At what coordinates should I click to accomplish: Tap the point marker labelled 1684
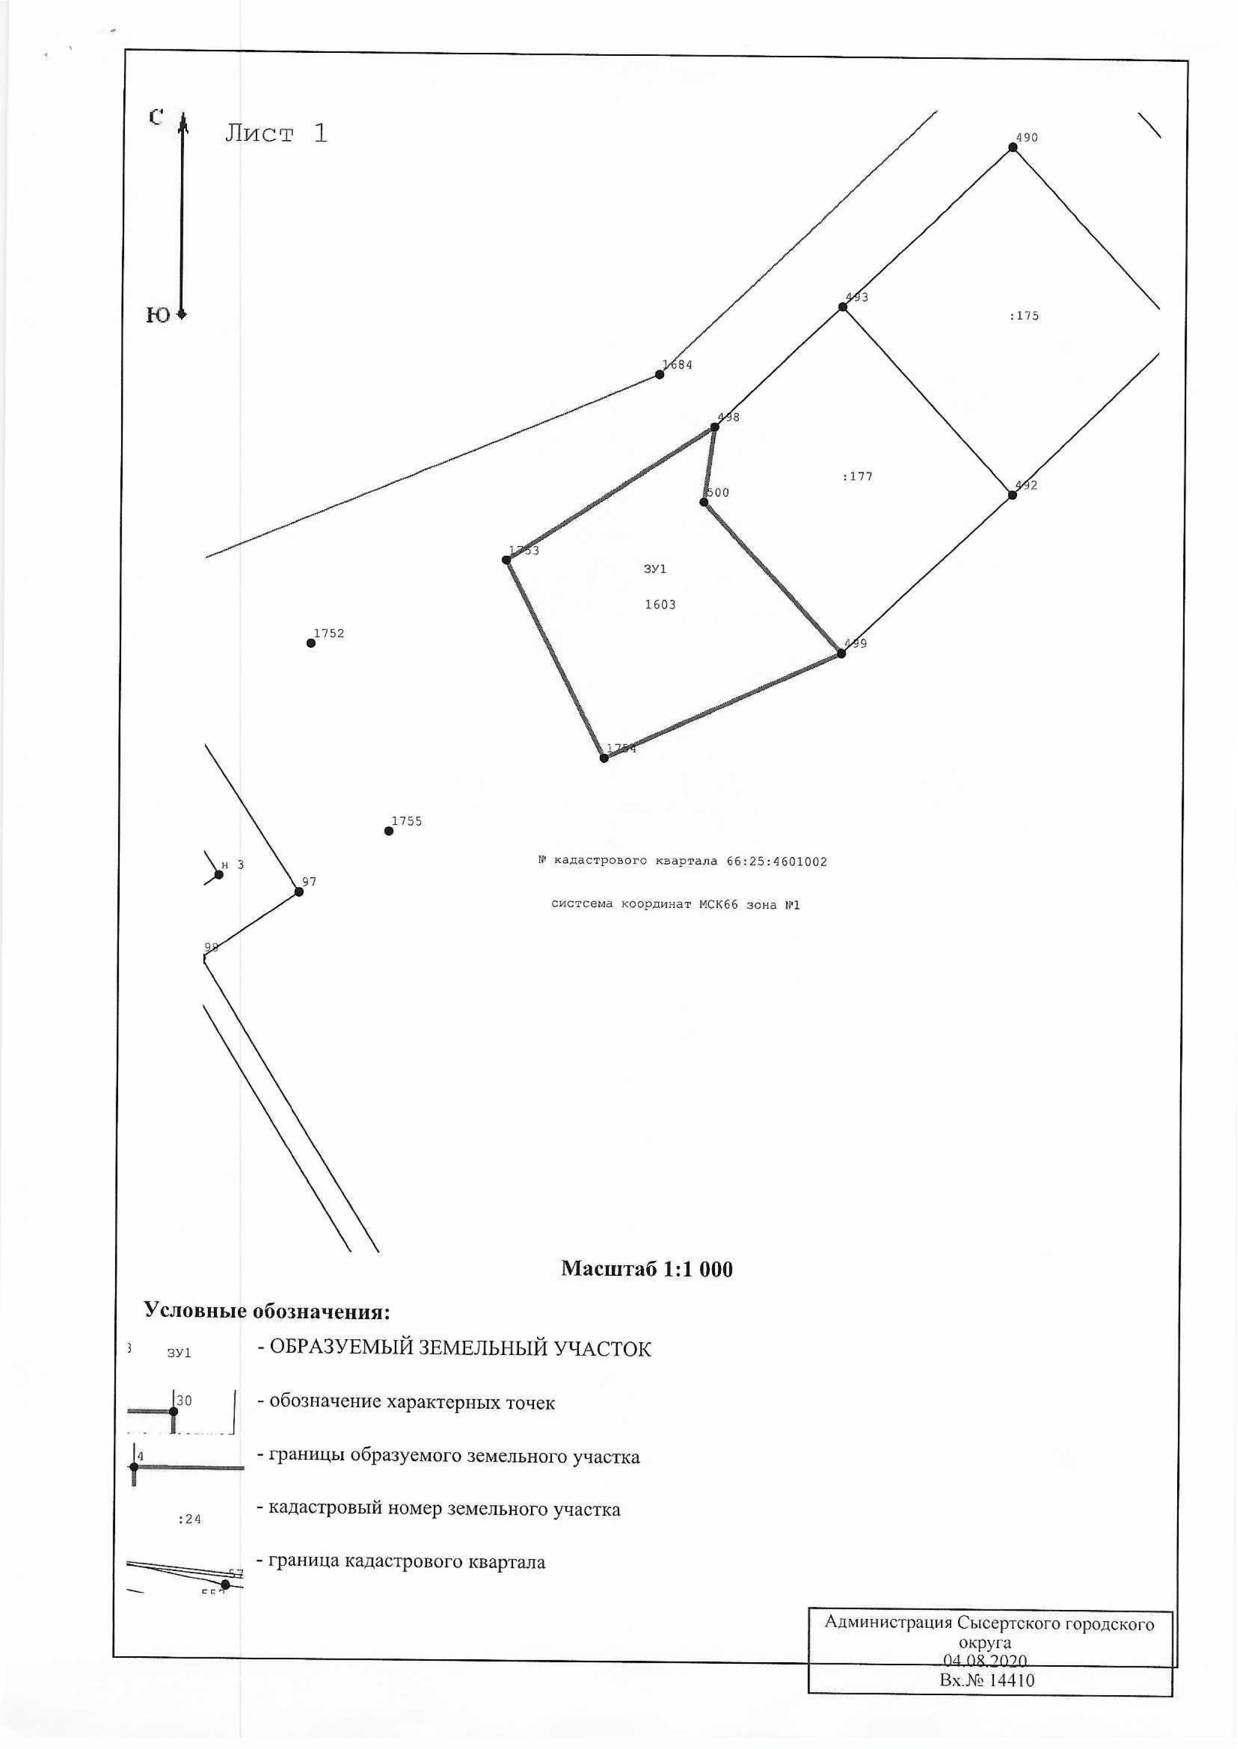pos(660,374)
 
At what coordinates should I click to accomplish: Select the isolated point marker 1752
pos(311,643)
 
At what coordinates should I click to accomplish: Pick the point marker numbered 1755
pos(389,831)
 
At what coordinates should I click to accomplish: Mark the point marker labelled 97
pos(299,891)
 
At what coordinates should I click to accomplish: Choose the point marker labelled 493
pos(842,307)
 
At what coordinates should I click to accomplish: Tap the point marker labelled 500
pos(704,502)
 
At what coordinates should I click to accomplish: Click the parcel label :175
pos(1024,316)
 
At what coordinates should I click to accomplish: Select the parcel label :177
pos(858,477)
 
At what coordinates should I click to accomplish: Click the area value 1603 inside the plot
pos(660,605)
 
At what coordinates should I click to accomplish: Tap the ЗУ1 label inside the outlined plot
pos(655,569)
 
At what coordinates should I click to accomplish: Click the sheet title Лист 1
pos(276,134)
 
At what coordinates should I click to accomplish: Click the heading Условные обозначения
pos(267,1312)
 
